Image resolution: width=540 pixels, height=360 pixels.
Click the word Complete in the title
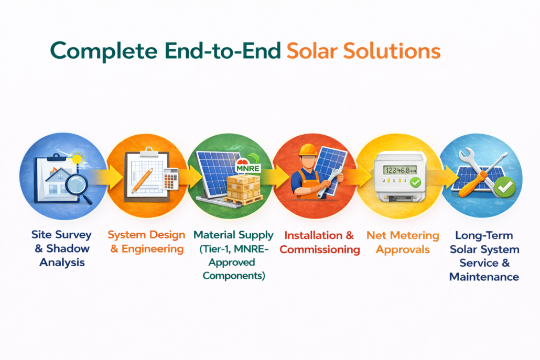click(104, 51)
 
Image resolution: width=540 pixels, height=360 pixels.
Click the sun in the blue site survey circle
click(77, 159)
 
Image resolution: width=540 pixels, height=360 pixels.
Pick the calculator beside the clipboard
click(171, 179)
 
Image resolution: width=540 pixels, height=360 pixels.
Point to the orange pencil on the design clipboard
click(143, 180)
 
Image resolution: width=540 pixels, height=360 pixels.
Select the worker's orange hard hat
click(308, 150)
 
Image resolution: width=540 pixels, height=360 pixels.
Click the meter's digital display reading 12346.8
click(400, 170)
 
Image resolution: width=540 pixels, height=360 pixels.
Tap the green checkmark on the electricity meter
click(416, 182)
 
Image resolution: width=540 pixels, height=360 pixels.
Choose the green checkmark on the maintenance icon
click(505, 187)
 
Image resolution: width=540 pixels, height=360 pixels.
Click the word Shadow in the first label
click(68, 248)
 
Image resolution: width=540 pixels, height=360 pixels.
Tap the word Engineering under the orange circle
click(153, 249)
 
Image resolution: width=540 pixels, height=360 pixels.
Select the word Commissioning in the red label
click(320, 249)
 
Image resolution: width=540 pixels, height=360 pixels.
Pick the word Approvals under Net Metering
click(403, 250)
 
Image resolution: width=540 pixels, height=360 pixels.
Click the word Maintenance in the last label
click(484, 277)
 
